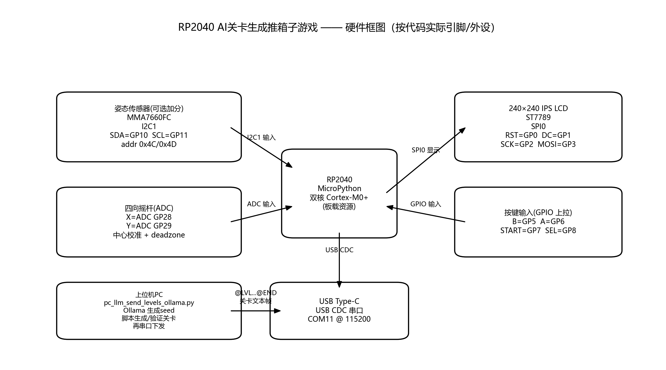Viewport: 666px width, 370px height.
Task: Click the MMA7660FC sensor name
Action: (149, 117)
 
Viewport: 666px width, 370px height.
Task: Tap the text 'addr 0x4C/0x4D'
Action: (149, 144)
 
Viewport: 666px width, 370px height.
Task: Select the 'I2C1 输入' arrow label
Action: (261, 137)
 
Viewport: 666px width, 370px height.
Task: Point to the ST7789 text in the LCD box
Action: (538, 117)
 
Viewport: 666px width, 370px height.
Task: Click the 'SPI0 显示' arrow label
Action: (426, 150)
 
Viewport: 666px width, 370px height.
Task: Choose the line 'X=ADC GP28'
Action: (149, 217)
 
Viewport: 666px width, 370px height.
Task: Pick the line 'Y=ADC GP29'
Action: (149, 226)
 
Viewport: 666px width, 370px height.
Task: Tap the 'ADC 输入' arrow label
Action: (261, 204)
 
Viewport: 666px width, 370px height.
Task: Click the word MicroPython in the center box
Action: (339, 188)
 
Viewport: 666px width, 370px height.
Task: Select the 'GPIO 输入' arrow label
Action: (426, 204)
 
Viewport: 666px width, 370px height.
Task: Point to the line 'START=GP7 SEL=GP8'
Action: (538, 231)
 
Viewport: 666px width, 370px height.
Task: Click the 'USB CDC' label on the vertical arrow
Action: (339, 250)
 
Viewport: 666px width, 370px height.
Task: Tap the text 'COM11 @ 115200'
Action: (339, 319)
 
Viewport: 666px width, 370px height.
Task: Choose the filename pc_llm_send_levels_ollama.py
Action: (149, 303)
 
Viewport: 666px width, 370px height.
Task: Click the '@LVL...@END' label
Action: (255, 293)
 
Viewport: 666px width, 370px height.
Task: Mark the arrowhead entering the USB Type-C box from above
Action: (339, 284)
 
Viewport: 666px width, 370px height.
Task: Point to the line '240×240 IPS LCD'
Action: (538, 108)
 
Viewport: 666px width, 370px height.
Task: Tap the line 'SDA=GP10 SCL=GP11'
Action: (149, 135)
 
